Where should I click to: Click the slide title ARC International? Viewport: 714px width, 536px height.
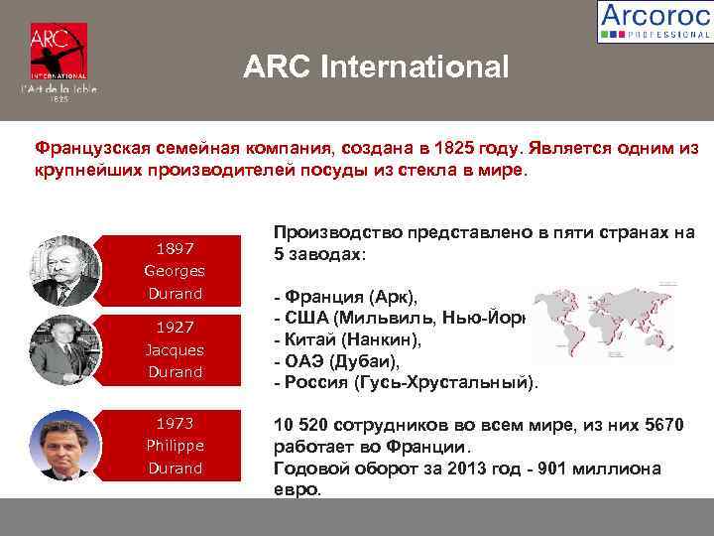click(376, 67)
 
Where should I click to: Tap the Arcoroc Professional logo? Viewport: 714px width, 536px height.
click(654, 21)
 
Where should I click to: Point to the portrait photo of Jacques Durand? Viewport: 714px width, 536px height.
click(66, 348)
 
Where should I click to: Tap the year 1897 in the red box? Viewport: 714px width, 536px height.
click(174, 247)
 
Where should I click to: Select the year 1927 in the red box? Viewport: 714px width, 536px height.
click(174, 327)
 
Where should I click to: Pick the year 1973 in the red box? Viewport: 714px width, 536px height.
click(174, 422)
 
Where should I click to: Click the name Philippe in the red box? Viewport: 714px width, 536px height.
click(174, 445)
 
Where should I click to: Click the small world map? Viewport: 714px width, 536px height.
click(604, 324)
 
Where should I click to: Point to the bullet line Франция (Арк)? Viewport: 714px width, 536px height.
click(351, 297)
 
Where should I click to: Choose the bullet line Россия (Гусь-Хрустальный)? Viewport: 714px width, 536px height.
click(407, 382)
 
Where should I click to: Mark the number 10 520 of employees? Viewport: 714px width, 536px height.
click(302, 426)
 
